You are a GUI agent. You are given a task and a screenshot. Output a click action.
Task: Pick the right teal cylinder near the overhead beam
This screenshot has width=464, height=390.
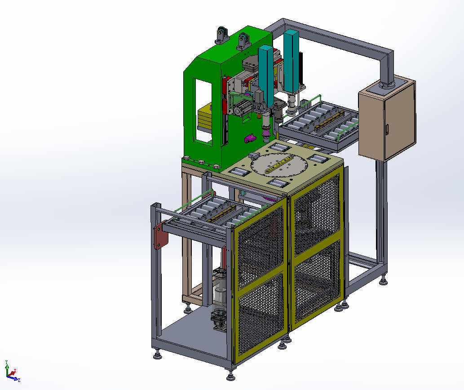point(292,58)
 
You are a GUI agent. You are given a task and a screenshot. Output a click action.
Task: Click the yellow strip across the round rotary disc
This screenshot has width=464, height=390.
point(278,165)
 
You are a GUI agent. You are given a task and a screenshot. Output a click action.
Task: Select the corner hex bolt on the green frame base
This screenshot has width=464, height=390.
point(186,158)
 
